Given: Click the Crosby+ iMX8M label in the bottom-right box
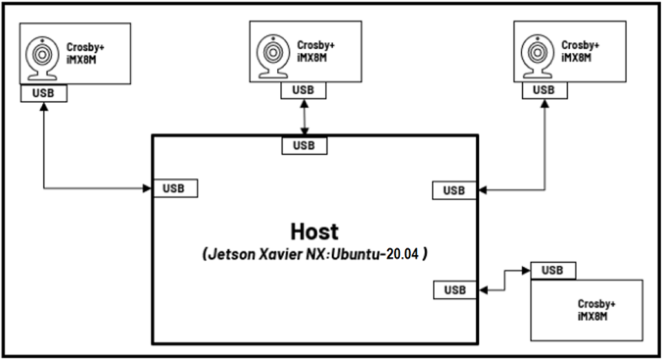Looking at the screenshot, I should pos(596,309).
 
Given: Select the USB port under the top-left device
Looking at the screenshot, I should pos(44,93).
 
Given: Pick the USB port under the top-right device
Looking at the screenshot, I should pos(545,89).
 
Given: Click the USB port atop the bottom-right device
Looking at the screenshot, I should pos(554,271).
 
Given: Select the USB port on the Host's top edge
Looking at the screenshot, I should pos(304,145).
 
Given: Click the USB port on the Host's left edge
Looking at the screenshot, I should pos(175,189).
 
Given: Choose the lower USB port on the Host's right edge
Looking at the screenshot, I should pos(455,290).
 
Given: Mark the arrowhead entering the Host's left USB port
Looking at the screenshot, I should pos(147,189).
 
